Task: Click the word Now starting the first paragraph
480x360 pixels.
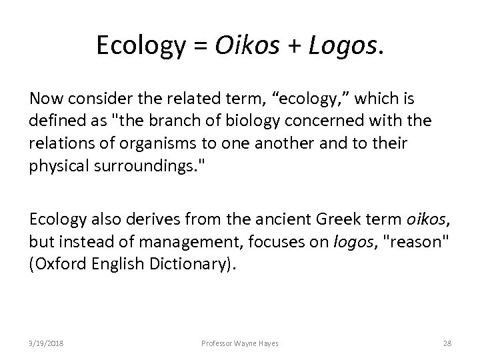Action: pos(45,98)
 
